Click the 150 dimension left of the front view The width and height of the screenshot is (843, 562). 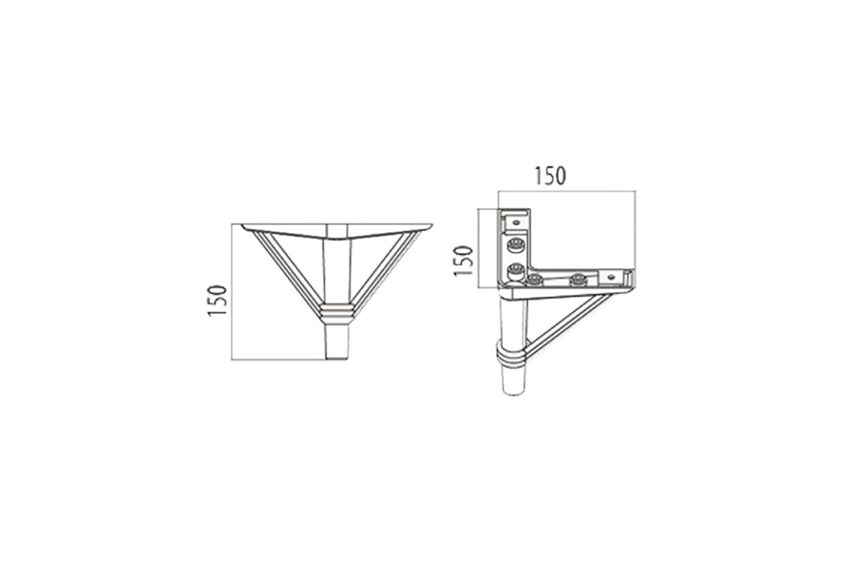click(217, 301)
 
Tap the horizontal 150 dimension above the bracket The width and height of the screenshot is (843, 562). click(550, 176)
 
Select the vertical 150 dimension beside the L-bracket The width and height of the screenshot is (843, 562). click(463, 261)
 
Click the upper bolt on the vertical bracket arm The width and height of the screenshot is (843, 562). click(515, 245)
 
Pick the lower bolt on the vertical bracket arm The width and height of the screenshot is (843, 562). click(515, 270)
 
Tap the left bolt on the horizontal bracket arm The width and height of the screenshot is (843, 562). click(535, 280)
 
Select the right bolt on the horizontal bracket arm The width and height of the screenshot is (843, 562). click(578, 280)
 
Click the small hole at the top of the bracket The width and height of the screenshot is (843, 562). click(516, 223)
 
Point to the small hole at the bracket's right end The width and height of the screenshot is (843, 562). click(610, 277)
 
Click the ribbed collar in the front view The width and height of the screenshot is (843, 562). click(337, 313)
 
